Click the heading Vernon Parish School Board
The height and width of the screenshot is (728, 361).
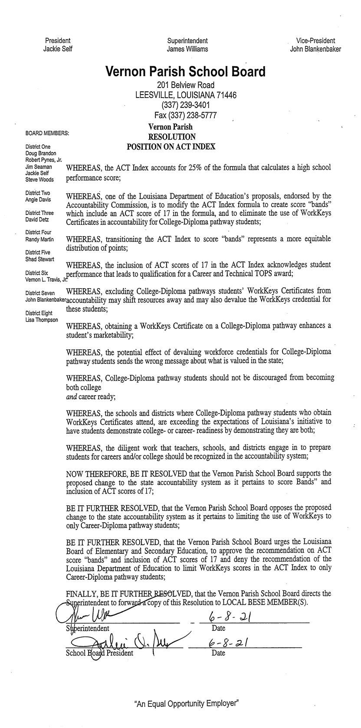(185, 71)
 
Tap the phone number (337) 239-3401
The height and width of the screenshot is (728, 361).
(186, 105)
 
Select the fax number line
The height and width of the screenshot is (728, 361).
(186, 115)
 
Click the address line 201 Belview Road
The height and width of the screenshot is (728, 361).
(186, 85)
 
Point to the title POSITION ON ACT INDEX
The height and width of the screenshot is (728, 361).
(171, 146)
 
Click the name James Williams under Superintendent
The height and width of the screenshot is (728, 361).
(187, 49)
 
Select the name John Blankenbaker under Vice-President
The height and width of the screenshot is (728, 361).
(315, 49)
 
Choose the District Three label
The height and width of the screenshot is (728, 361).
(39, 213)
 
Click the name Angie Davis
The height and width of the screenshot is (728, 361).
(38, 199)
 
